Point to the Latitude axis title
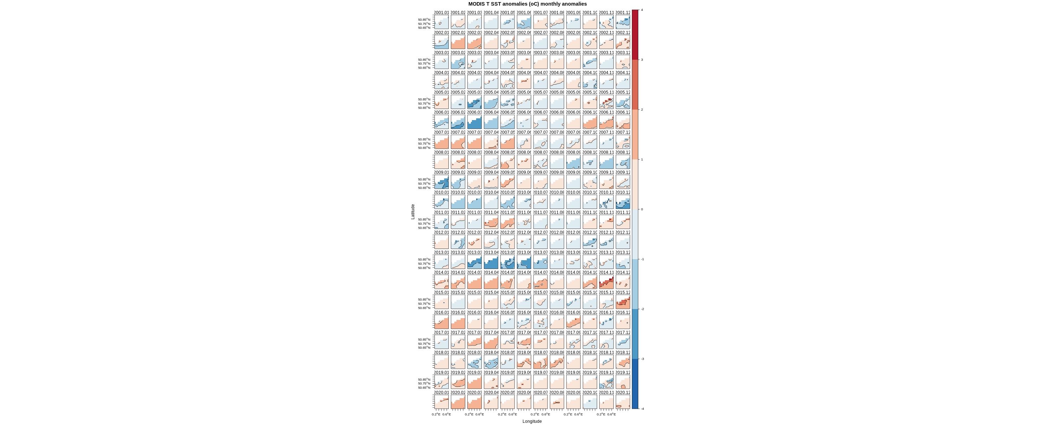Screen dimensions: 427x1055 click(413, 211)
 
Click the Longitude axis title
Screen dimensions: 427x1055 click(532, 421)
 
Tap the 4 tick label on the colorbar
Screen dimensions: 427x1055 click(641, 10)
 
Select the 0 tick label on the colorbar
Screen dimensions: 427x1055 click(641, 209)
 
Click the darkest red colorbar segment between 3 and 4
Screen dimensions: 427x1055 click(635, 35)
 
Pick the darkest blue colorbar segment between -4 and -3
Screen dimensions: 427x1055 click(635, 384)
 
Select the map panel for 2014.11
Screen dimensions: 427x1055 click(606, 282)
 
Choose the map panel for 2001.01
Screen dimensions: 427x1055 click(441, 22)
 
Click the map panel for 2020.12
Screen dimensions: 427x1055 click(622, 402)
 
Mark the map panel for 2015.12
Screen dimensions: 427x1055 click(622, 302)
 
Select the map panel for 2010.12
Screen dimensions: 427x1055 click(622, 202)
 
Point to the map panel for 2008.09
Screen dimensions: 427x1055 click(573, 162)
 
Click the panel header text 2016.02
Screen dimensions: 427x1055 click(458, 313)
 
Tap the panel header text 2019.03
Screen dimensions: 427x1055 click(474, 373)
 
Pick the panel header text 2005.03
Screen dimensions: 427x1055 click(474, 92)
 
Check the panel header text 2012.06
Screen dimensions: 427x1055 click(524, 232)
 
